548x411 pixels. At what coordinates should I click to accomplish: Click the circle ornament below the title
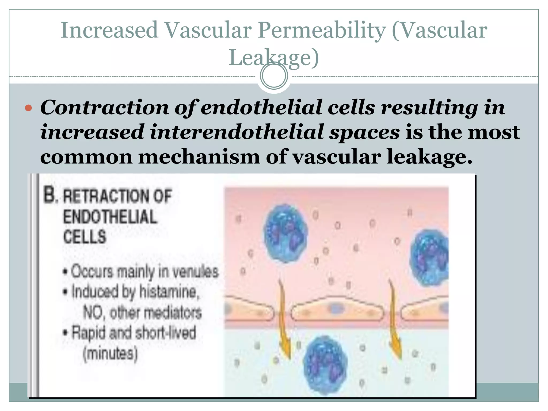274,76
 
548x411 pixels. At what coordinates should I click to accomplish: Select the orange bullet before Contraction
28,108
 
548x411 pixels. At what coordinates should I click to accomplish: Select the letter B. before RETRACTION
50,195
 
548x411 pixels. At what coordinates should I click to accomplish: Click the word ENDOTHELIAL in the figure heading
110,217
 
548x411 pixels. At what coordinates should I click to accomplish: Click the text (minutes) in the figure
110,354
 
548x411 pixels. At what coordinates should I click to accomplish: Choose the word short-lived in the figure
166,333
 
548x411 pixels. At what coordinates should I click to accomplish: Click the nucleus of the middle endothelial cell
336,309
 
